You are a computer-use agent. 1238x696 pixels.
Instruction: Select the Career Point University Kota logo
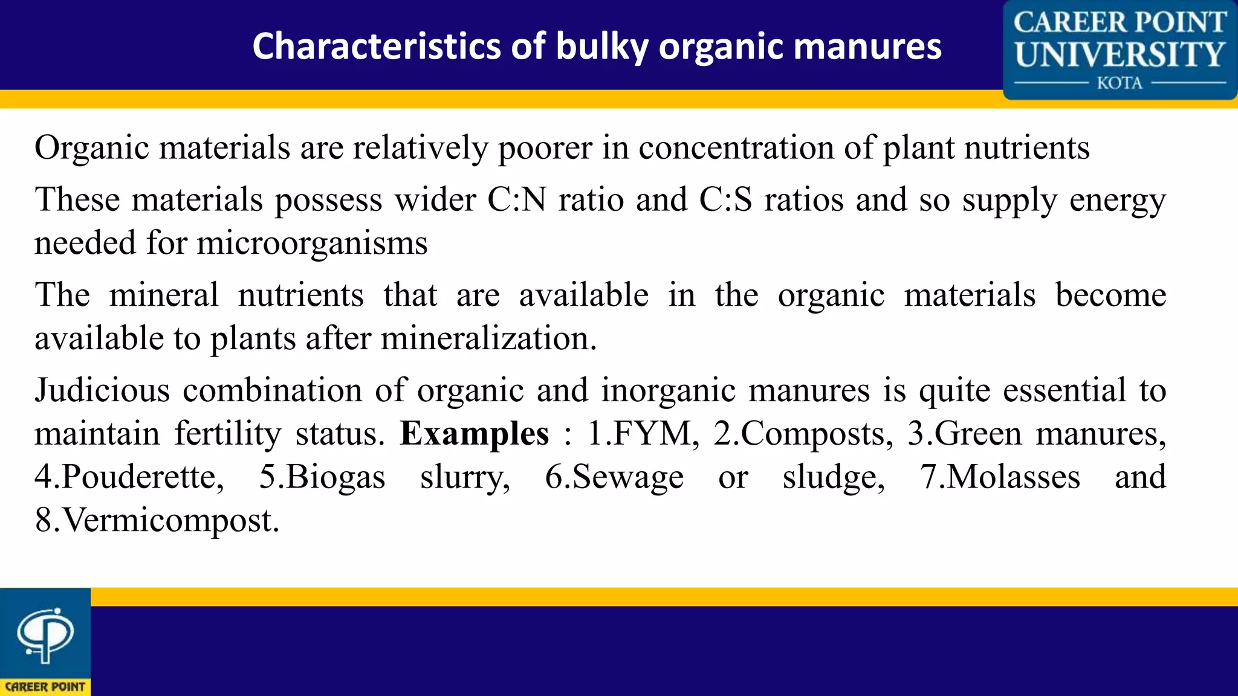tap(1120, 50)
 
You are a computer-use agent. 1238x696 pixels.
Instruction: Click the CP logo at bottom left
tap(45, 641)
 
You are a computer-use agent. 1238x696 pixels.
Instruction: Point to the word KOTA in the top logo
tap(1120, 83)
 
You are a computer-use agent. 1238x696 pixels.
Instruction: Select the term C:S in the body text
tap(725, 199)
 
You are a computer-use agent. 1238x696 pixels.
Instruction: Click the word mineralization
tap(488, 338)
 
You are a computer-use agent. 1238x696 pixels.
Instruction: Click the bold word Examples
tap(475, 434)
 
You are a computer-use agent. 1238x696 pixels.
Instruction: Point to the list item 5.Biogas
tap(322, 477)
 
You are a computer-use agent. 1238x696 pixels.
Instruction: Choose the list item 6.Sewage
tap(614, 477)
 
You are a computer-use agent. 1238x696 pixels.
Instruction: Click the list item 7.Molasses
tap(1000, 477)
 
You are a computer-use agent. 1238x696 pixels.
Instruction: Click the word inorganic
tap(668, 390)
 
